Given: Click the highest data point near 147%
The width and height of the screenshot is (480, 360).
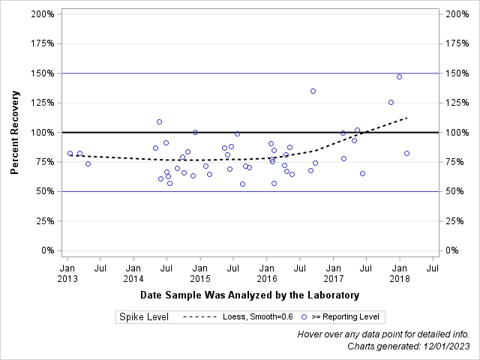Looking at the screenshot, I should (x=399, y=76).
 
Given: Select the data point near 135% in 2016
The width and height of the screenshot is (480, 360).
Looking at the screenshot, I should (x=313, y=91).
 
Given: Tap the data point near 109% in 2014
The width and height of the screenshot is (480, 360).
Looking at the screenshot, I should (x=159, y=121).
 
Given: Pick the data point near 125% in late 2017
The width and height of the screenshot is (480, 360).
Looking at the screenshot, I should (x=391, y=102).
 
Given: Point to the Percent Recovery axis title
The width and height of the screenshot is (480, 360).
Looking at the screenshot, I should (x=14, y=132).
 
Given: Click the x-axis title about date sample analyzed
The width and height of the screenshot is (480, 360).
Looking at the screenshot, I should (x=249, y=295).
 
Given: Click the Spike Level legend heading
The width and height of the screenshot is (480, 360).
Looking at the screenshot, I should (x=143, y=316).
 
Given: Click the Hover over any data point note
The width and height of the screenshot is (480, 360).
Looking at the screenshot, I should (x=383, y=334).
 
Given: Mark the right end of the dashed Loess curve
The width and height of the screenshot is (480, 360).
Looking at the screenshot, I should (x=406, y=118).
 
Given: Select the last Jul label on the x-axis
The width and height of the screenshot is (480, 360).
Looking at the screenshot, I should (x=433, y=267).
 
